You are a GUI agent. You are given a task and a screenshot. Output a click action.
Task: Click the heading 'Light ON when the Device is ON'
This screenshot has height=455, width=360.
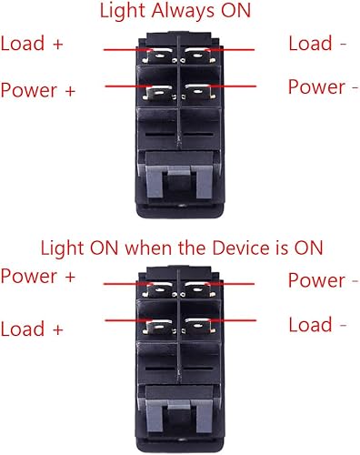[x=180, y=247]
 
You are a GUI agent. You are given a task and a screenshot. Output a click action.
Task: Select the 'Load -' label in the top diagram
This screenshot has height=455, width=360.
[x=317, y=44]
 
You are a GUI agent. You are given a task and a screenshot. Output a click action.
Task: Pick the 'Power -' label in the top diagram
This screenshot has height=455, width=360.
[x=317, y=86]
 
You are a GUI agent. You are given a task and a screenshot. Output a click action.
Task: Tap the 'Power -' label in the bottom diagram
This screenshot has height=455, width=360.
[x=317, y=280]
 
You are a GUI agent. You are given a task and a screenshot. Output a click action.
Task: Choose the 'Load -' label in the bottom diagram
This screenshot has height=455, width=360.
[x=317, y=325]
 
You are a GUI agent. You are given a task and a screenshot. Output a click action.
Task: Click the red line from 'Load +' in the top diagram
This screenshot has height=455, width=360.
[x=123, y=51]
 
